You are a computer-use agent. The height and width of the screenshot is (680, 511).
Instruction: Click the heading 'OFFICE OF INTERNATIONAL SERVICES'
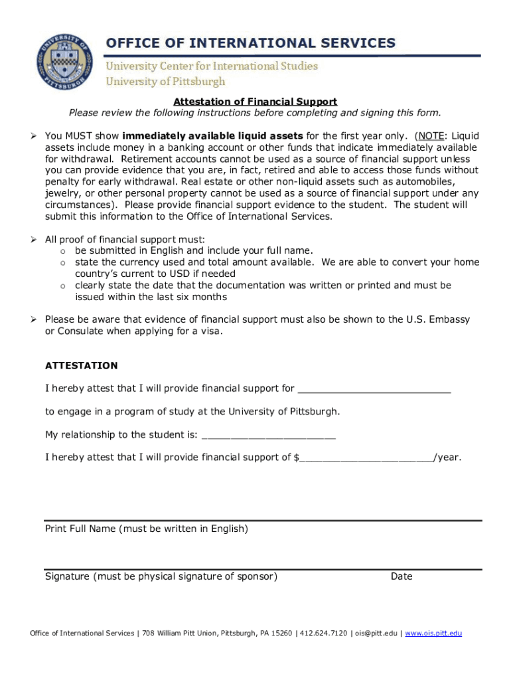[x=251, y=43]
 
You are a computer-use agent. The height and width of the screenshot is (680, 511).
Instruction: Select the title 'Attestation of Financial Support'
[x=256, y=102]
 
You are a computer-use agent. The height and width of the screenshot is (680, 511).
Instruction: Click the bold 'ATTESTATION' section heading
[x=81, y=365]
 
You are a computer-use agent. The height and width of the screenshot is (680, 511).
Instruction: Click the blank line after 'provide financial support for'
[x=374, y=389]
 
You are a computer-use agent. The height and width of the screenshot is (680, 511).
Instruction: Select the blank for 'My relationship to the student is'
[x=268, y=436]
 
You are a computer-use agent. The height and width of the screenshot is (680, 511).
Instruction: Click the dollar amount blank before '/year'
[x=366, y=458]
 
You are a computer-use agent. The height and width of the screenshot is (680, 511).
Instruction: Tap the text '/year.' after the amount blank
[x=447, y=458]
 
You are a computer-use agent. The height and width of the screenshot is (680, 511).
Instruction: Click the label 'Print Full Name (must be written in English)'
[x=147, y=529]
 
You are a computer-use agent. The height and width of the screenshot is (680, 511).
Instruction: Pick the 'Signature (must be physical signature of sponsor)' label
[x=161, y=576]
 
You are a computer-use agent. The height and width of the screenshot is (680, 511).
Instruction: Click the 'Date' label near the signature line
[x=402, y=576]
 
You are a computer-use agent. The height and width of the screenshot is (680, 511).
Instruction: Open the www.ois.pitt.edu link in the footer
[x=433, y=634]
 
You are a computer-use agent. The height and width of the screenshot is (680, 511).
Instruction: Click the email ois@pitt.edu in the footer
[x=376, y=634]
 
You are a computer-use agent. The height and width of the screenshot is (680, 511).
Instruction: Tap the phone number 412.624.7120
[x=323, y=634]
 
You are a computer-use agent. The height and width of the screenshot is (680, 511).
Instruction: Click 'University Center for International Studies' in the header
[x=212, y=66]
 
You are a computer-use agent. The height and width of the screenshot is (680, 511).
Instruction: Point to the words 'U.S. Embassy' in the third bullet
[x=438, y=319]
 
